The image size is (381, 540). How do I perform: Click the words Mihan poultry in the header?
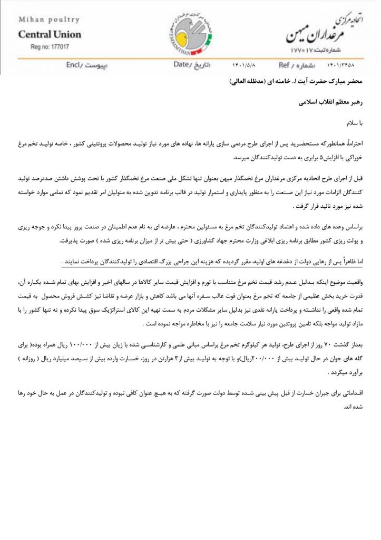(48, 20)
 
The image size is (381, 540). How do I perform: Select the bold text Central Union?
(50, 35)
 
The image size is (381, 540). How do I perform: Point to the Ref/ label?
(288, 65)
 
